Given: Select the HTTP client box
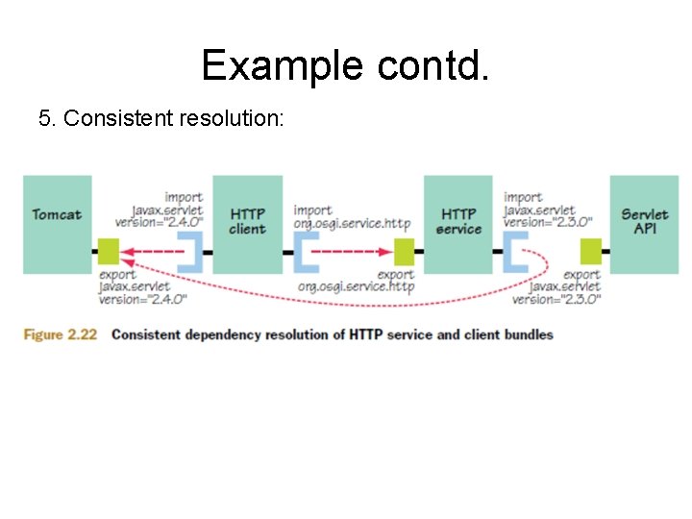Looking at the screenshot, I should [247, 224].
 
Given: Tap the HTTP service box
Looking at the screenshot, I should [457, 224].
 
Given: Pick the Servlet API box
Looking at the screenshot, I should [645, 224].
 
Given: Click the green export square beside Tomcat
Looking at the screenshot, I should [107, 252].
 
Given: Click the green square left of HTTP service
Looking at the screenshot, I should [404, 252].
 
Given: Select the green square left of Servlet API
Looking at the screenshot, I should [591, 252].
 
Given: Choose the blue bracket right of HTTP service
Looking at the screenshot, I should [514, 252].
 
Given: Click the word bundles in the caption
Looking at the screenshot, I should [527, 334].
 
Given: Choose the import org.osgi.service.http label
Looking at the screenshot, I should [352, 217].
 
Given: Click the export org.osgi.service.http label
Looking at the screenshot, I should [356, 281].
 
